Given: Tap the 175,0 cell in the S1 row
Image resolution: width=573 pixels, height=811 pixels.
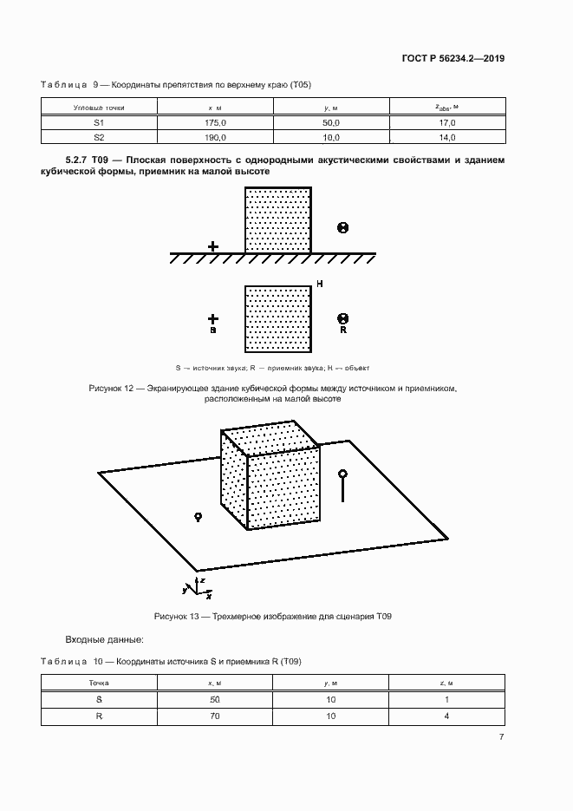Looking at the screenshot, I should [x=215, y=124].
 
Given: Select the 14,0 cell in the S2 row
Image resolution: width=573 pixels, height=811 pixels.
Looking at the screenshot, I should [x=446, y=138].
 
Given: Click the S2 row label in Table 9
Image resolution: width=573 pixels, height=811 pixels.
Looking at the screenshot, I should [x=99, y=138].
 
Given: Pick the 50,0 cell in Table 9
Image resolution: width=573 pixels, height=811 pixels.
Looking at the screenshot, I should [x=331, y=124].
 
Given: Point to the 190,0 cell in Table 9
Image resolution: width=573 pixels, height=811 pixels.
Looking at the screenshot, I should [x=215, y=138].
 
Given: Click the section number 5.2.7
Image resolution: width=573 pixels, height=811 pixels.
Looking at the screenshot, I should [x=81, y=160].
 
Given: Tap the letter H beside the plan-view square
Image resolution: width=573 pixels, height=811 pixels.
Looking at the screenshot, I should [x=320, y=285].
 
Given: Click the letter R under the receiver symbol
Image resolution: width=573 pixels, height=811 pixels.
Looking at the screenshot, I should [x=343, y=330].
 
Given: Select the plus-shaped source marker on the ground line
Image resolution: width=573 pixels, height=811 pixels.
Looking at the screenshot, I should [x=213, y=247].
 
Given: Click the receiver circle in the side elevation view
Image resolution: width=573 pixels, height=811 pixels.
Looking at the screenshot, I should [x=342, y=228].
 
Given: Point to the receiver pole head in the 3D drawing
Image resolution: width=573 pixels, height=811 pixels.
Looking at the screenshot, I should [x=343, y=474].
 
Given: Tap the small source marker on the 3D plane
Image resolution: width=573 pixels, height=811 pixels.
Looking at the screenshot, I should [x=198, y=517].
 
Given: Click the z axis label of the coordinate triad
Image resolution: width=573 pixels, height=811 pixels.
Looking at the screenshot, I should [x=202, y=578].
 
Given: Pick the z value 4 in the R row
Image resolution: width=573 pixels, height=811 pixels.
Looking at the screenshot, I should [x=446, y=716].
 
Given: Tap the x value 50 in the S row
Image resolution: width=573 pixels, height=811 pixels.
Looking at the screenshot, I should [x=215, y=699].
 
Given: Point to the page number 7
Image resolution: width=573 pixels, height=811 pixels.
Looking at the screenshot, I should [x=502, y=736].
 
